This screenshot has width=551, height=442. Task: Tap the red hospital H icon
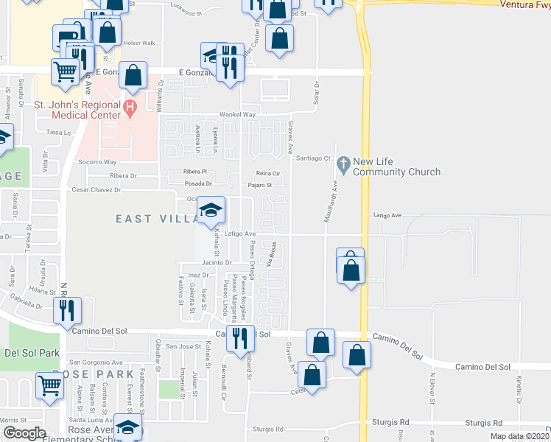click(130, 110)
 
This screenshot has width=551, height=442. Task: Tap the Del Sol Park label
click(31, 353)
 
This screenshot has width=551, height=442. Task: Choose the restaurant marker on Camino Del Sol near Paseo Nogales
click(240, 338)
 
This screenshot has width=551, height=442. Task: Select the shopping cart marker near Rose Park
click(50, 385)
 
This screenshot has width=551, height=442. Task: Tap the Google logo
click(24, 433)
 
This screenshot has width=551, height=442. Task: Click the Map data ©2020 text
click(519, 436)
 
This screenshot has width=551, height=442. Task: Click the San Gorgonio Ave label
click(95, 362)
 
